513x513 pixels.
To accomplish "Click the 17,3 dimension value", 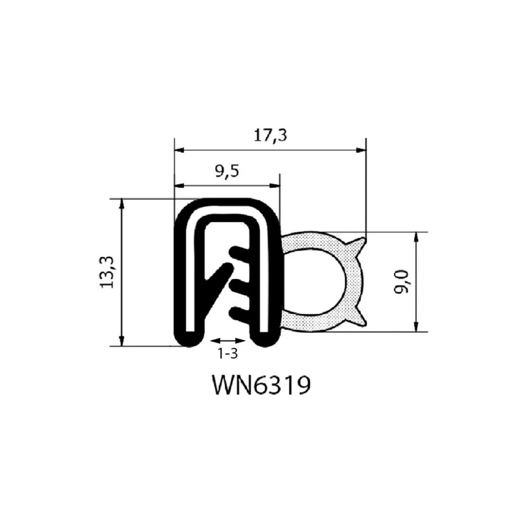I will pyautogui.click(x=271, y=136).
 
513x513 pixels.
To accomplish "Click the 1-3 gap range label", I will pyautogui.click(x=227, y=354).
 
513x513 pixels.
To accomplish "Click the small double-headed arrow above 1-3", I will pyautogui.click(x=227, y=341).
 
